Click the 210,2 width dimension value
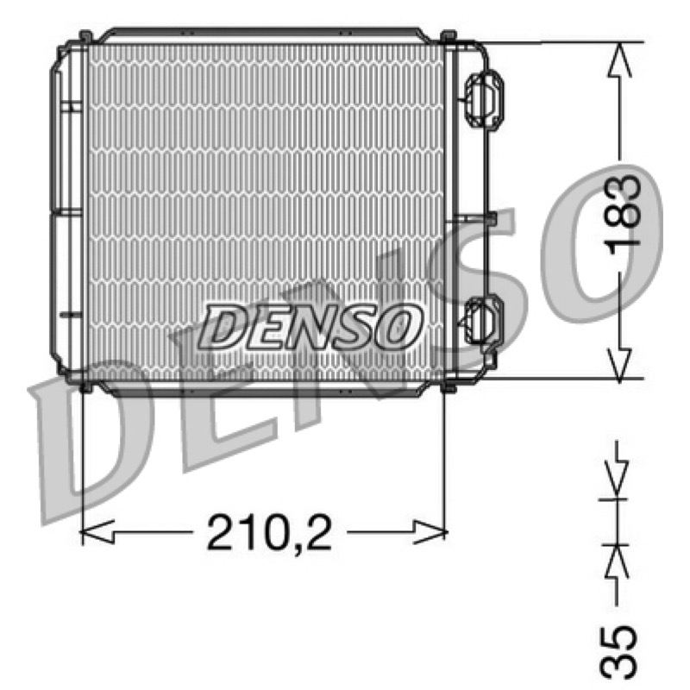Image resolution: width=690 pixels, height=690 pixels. tap(269, 533)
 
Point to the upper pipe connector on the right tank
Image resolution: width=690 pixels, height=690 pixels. tap(482, 100)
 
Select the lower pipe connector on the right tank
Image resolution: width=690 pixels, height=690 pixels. tap(482, 320)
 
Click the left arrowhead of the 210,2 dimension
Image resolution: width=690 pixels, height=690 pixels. tap(97, 532)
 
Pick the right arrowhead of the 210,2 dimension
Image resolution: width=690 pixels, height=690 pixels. tap(430, 532)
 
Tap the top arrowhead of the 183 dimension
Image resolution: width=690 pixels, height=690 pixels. tap(619, 60)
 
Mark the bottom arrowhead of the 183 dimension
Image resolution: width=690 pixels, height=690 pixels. tap(619, 365)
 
